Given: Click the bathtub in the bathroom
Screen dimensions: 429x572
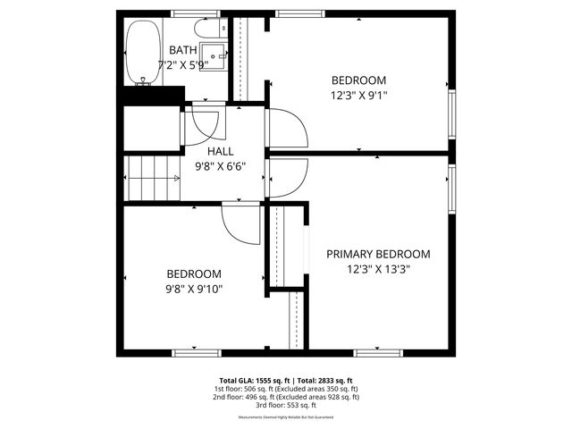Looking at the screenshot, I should click(x=140, y=51).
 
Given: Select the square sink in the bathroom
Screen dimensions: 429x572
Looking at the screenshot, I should click(x=214, y=52).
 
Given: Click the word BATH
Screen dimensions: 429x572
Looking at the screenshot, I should click(x=182, y=50).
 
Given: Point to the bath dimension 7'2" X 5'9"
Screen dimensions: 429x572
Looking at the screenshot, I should click(x=183, y=64).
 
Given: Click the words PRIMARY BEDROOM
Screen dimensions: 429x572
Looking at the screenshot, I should click(x=378, y=254).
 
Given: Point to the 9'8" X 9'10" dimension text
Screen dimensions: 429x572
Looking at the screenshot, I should click(x=193, y=288).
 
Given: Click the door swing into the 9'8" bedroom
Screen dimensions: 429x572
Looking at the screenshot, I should click(x=239, y=223).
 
